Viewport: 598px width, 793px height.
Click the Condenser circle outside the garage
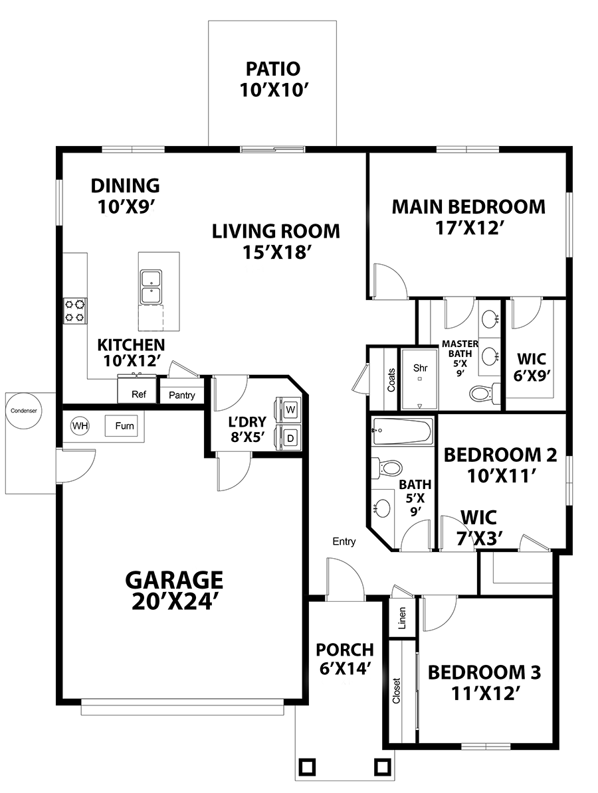pyautogui.click(x=24, y=411)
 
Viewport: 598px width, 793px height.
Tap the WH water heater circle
pyautogui.click(x=80, y=426)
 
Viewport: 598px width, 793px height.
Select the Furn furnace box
pyautogui.click(x=124, y=426)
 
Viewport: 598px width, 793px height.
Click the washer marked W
pyautogui.click(x=290, y=409)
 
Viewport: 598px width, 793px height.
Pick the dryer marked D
pyautogui.click(x=290, y=437)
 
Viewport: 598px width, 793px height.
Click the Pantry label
pyautogui.click(x=182, y=395)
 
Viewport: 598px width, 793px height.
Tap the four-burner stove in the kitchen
pyautogui.click(x=74, y=311)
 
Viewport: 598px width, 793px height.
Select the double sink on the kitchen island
pyautogui.click(x=151, y=287)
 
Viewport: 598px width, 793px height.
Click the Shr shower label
pyautogui.click(x=421, y=368)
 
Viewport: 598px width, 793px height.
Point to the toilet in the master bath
pyautogui.click(x=484, y=393)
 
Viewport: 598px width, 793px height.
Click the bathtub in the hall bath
pyautogui.click(x=402, y=431)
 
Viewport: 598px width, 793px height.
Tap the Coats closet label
pyautogui.click(x=391, y=380)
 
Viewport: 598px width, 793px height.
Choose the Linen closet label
pyautogui.click(x=402, y=618)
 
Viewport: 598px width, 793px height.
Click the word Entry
pyautogui.click(x=344, y=541)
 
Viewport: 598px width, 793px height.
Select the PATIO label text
pyautogui.click(x=273, y=69)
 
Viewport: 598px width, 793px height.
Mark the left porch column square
pyautogui.click(x=308, y=767)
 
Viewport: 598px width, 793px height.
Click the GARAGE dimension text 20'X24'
pyautogui.click(x=175, y=602)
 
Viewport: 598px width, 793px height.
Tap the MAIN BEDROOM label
pyautogui.click(x=468, y=207)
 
